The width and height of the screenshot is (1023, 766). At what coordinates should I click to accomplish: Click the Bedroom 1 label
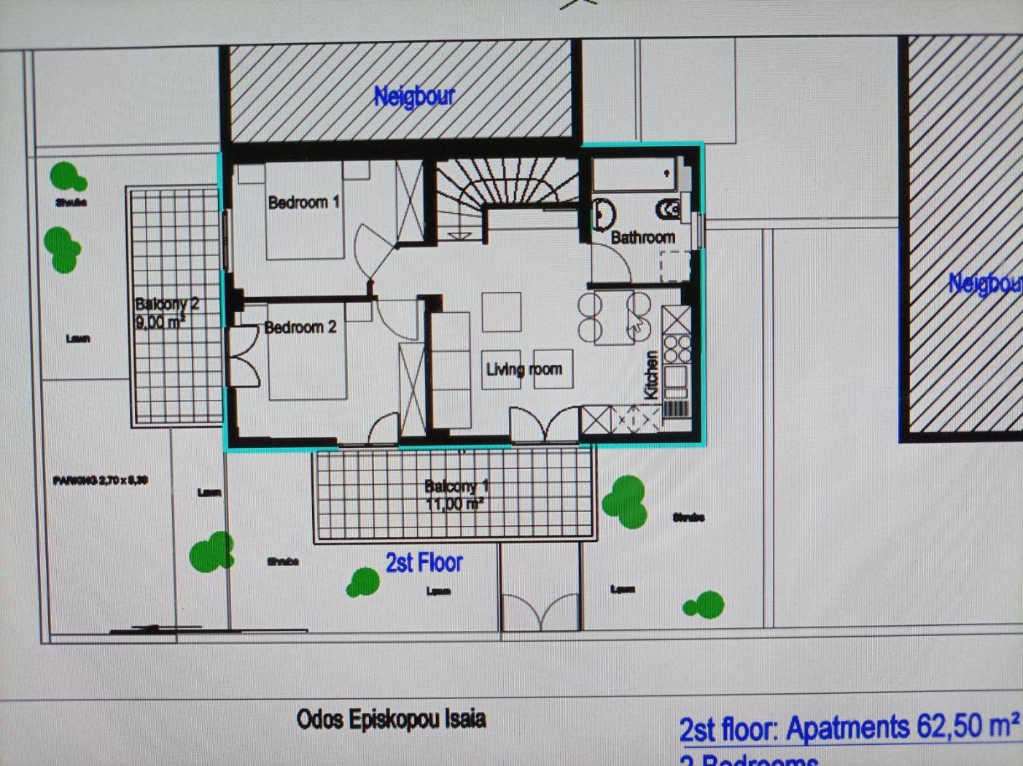click(303, 202)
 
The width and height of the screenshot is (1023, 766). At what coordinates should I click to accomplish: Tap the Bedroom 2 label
click(300, 328)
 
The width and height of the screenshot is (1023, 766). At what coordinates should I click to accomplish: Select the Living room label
click(524, 369)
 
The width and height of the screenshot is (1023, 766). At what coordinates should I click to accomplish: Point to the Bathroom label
click(642, 237)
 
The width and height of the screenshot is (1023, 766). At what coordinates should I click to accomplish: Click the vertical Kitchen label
click(651, 375)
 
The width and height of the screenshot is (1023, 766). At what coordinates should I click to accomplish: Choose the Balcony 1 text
click(456, 486)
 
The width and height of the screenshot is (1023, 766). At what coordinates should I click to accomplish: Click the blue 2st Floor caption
click(424, 562)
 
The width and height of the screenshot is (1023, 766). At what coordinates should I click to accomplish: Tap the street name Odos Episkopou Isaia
click(391, 719)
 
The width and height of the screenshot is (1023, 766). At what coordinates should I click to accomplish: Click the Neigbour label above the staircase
click(413, 96)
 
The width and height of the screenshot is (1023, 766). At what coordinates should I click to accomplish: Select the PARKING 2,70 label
click(101, 480)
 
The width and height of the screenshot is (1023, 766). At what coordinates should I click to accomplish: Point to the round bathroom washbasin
click(603, 213)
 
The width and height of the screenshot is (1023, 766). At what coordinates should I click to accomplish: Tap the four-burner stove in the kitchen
click(677, 349)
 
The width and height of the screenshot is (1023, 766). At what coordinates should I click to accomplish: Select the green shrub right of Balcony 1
click(626, 500)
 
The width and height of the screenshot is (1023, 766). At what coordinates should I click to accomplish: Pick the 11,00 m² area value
click(455, 503)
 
